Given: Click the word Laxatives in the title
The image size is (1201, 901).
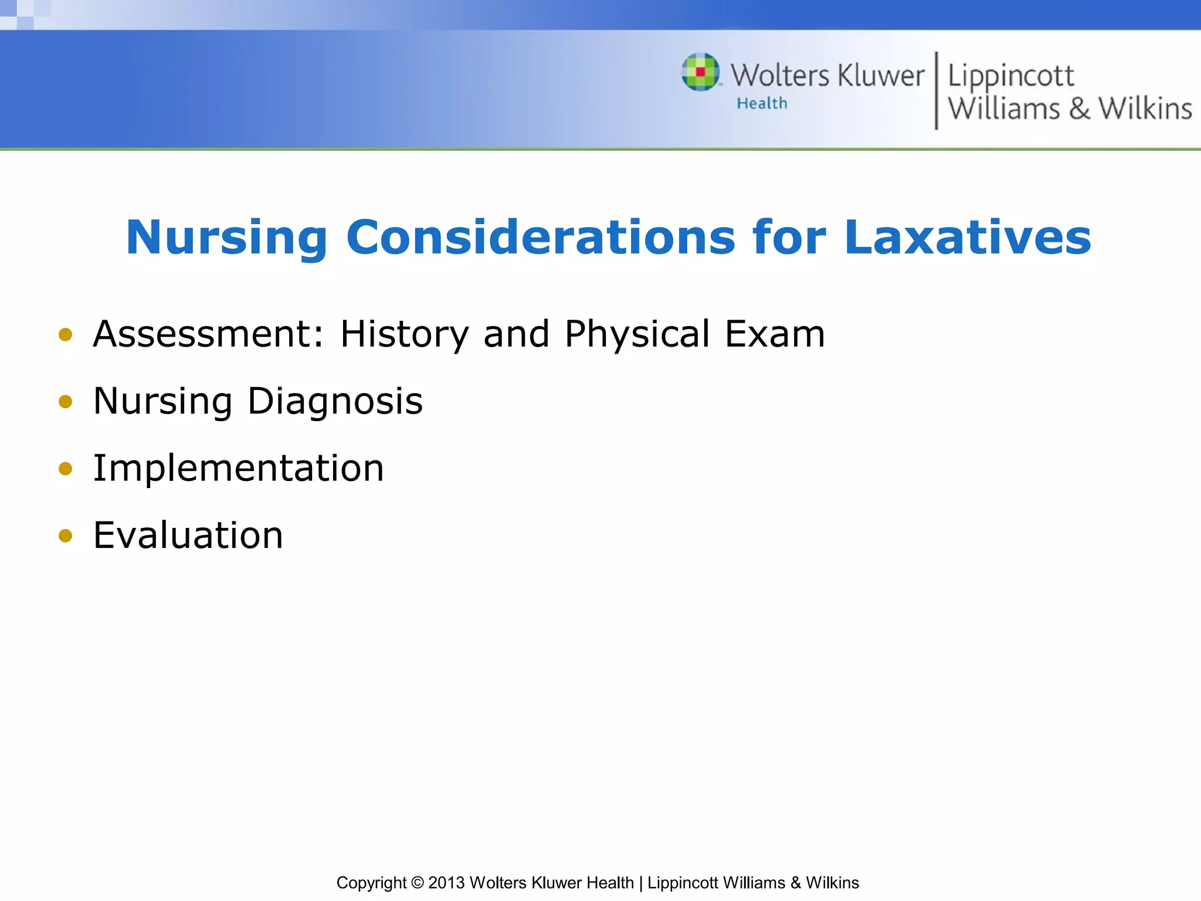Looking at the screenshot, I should [x=968, y=237].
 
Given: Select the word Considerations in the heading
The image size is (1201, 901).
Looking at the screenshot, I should [x=540, y=237].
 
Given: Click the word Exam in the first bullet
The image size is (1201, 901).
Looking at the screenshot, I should [x=775, y=334].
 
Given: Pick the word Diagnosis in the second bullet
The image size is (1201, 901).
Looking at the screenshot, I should [x=335, y=402].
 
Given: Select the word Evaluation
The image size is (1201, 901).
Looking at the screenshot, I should [x=188, y=535].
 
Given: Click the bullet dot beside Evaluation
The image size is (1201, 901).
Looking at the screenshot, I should [x=65, y=536].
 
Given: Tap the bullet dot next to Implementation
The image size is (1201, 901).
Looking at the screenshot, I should [x=65, y=469].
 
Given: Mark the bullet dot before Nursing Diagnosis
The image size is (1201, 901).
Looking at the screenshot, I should [x=65, y=402].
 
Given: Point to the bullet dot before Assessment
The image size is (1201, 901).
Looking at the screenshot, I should [x=65, y=335].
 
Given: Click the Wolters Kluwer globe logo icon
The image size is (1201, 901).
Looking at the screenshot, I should [x=700, y=72].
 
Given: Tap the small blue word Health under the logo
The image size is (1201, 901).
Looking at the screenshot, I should [x=762, y=103].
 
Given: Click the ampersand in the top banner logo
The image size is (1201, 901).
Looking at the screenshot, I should [x=1079, y=109].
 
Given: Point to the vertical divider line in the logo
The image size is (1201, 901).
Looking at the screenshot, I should [x=936, y=90].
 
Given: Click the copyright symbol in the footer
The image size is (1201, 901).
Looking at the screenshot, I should [x=417, y=883].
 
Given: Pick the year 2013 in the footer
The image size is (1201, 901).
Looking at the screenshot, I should [x=446, y=883].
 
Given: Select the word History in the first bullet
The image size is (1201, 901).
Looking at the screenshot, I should [x=405, y=334].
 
